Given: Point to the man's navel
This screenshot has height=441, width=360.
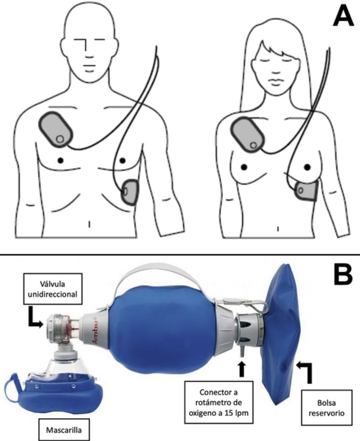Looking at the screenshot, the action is (89, 224).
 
